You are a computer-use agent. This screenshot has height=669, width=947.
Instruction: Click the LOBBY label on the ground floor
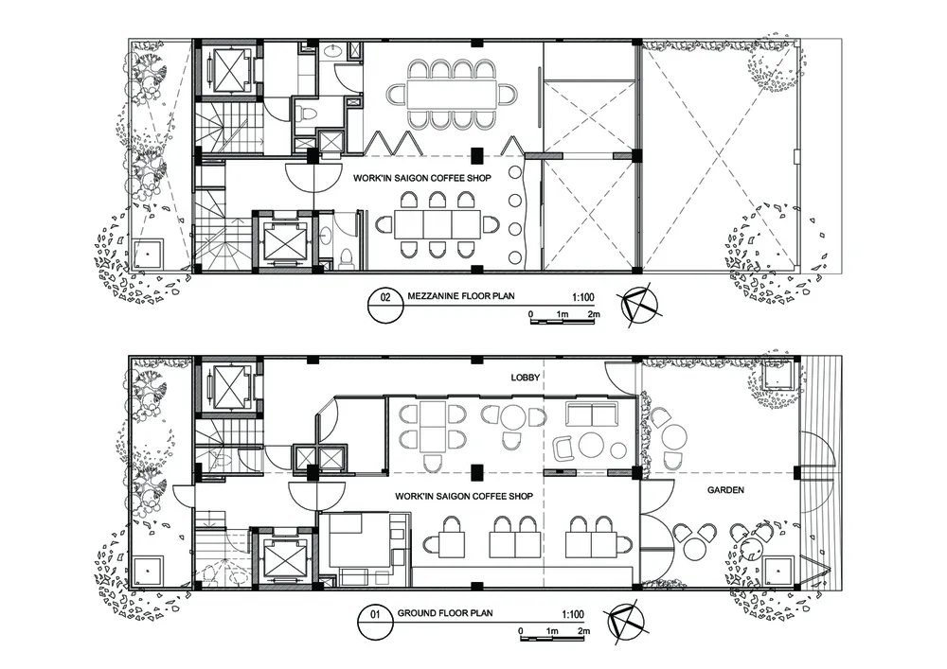click(526, 378)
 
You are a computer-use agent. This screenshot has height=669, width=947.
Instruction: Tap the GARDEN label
click(725, 490)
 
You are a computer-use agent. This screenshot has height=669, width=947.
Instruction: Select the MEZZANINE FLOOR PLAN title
click(461, 296)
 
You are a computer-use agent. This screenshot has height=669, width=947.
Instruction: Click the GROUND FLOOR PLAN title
click(444, 613)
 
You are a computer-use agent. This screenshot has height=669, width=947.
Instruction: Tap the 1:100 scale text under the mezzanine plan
click(582, 297)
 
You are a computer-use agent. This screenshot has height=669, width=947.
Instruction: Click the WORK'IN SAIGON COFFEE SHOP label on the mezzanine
click(422, 178)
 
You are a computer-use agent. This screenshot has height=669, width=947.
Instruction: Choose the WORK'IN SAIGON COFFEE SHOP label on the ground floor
click(464, 496)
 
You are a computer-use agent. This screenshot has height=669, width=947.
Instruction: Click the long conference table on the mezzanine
click(452, 94)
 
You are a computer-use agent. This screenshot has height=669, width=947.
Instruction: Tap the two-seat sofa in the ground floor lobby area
click(592, 414)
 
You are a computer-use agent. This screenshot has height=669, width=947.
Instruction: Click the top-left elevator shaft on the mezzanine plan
click(228, 69)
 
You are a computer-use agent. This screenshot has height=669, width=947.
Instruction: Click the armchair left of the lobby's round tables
click(565, 449)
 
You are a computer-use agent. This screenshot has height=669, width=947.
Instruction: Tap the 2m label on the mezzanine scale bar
click(594, 314)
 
